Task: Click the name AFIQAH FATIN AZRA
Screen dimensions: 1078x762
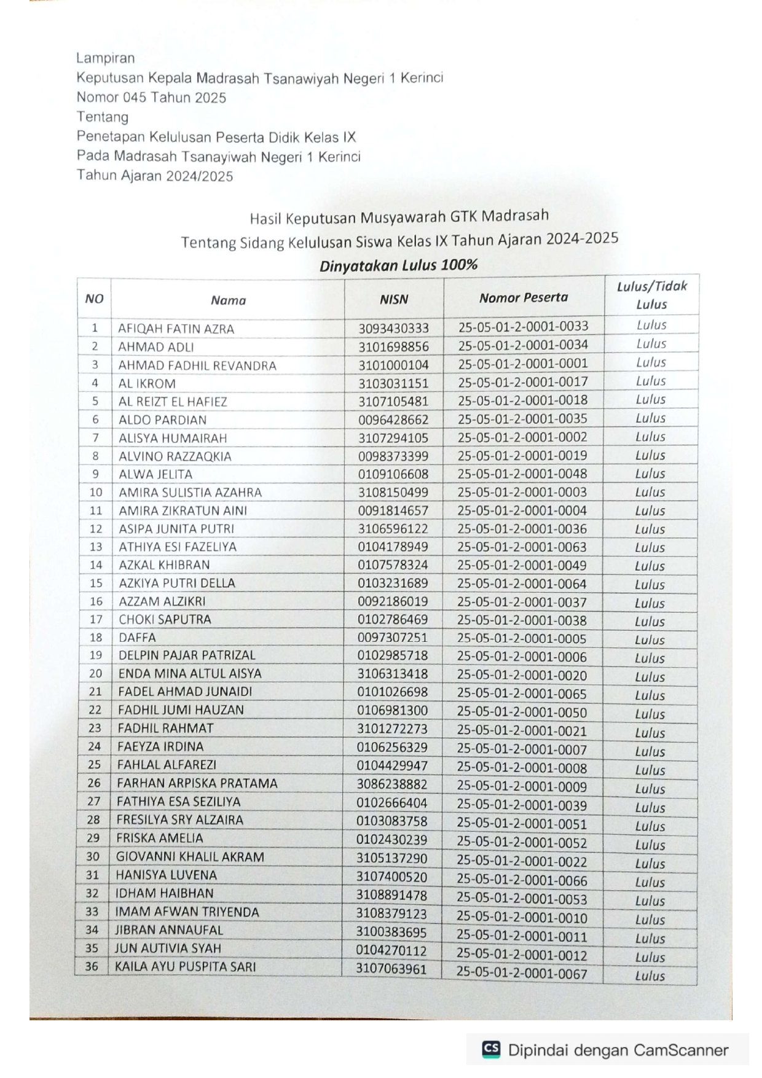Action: (x=176, y=329)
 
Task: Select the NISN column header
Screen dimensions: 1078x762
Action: (x=393, y=299)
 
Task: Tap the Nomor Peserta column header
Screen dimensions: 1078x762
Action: (x=524, y=298)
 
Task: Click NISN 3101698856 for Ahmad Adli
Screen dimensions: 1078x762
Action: (x=393, y=346)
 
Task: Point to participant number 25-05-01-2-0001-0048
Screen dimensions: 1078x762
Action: (x=522, y=474)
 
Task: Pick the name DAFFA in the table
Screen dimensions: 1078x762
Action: (x=137, y=638)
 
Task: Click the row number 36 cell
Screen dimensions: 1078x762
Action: (x=92, y=966)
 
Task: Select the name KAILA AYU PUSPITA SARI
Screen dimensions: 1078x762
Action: (x=185, y=966)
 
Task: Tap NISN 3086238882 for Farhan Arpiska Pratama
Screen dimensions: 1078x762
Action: (x=392, y=784)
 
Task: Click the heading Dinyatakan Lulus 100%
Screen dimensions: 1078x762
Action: (x=398, y=265)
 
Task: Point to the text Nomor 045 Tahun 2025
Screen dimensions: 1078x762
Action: (x=151, y=97)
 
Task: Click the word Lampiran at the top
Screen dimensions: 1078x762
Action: (x=105, y=58)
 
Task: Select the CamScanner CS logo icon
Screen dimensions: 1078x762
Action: (x=491, y=1049)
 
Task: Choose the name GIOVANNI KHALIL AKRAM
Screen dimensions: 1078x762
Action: (x=190, y=857)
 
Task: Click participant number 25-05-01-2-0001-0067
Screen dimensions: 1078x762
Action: (x=522, y=974)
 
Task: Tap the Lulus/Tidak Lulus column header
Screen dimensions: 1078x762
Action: (x=651, y=295)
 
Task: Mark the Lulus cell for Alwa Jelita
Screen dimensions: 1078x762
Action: (x=650, y=474)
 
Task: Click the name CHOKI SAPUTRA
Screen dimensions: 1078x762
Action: (x=165, y=619)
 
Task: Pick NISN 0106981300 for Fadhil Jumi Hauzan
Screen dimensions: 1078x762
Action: (x=392, y=710)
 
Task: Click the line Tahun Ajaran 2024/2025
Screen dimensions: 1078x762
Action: (x=155, y=176)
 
